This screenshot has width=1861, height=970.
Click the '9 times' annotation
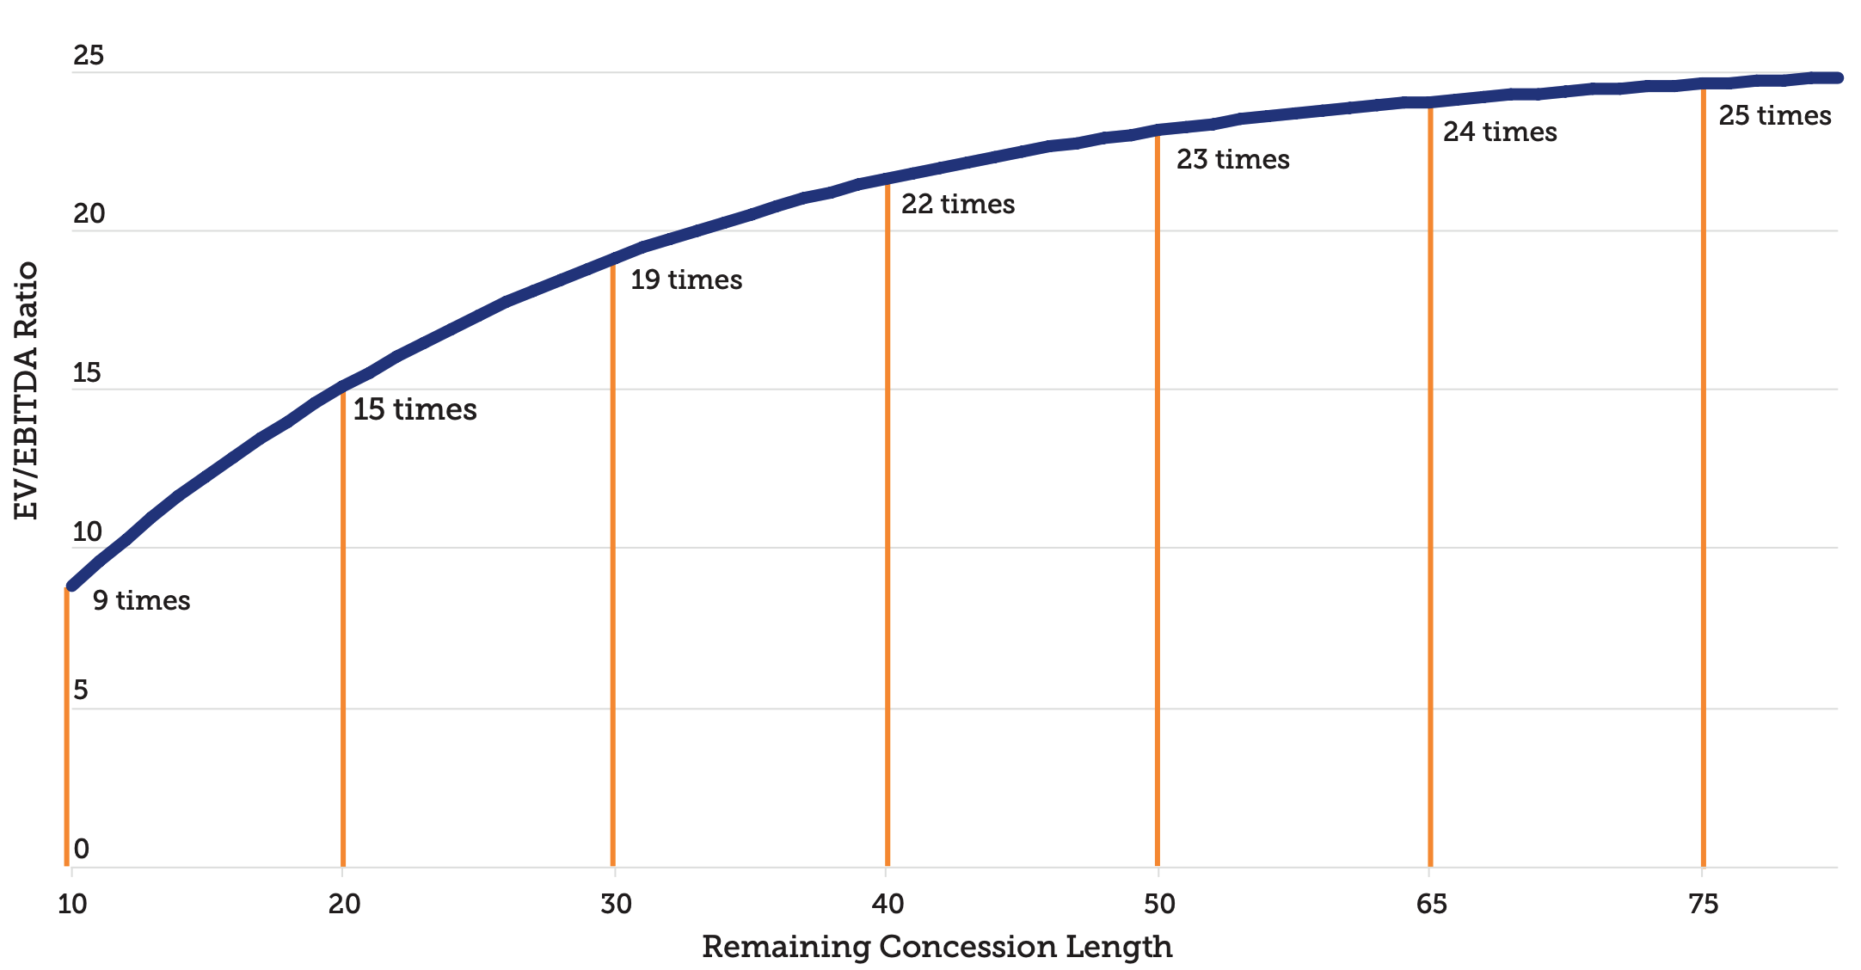(141, 600)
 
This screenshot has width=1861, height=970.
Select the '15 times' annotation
(415, 409)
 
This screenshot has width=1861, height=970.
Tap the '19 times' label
(686, 280)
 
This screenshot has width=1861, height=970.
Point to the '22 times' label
(958, 205)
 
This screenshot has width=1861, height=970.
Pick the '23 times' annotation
(1232, 160)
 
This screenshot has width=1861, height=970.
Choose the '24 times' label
(1500, 132)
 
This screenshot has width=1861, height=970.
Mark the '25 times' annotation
(1775, 116)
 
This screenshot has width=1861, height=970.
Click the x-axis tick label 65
(1431, 904)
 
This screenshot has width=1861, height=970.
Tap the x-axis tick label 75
(1703, 904)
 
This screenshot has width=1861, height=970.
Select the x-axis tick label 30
(616, 904)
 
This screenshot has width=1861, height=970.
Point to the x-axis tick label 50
(1159, 904)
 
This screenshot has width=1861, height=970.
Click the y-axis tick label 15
(87, 373)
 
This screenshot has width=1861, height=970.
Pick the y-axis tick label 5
(81, 691)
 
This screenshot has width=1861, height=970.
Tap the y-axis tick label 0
(81, 850)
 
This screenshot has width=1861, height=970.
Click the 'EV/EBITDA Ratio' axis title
(27, 390)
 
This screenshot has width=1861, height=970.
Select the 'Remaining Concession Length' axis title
(937, 947)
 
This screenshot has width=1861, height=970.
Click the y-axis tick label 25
(88, 56)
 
